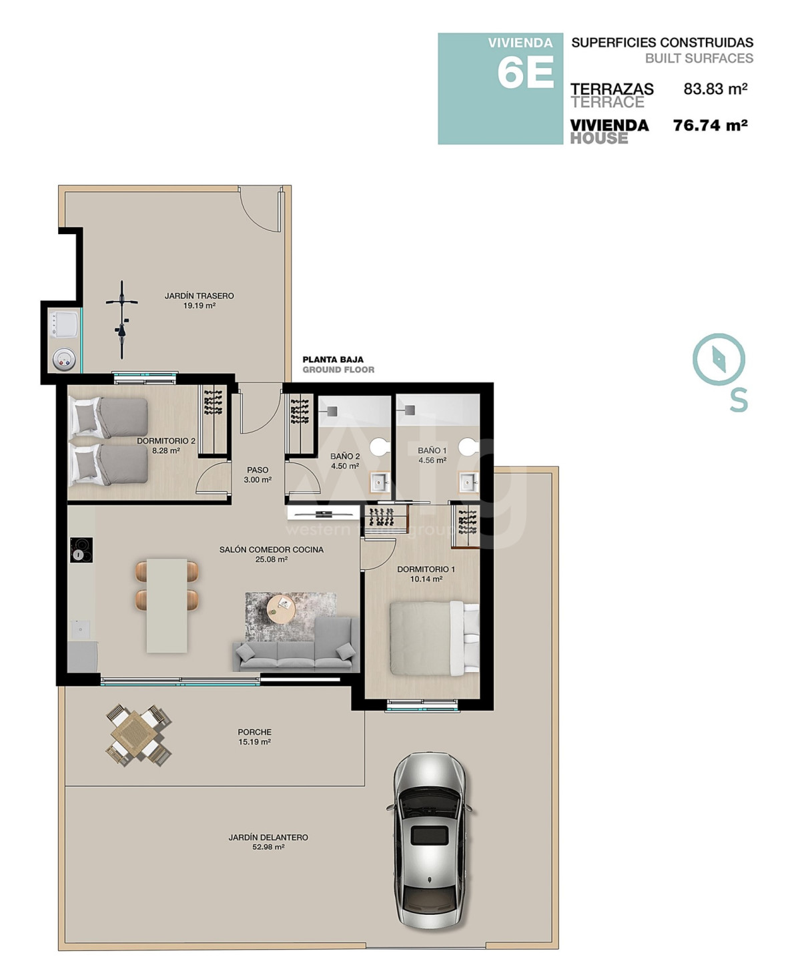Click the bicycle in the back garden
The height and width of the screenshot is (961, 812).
(x=122, y=320)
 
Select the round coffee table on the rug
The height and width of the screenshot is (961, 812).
(x=281, y=609)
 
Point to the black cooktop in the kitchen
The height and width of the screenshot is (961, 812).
(x=81, y=550)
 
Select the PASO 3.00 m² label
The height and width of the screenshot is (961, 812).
(x=258, y=474)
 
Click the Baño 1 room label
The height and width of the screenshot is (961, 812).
(x=432, y=455)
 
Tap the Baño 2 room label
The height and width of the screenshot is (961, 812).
(x=345, y=461)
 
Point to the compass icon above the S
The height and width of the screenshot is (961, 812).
(x=719, y=360)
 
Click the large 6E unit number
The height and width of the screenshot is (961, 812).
(x=526, y=73)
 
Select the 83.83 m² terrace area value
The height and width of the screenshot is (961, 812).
(x=715, y=88)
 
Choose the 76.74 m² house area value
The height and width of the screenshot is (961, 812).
(x=710, y=125)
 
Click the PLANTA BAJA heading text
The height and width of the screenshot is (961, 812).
(x=333, y=360)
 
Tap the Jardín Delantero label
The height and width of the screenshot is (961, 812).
(x=268, y=842)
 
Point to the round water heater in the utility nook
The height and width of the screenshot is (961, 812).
(x=64, y=360)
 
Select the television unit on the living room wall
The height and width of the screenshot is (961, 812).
(x=324, y=514)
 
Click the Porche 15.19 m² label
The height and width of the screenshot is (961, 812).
(x=255, y=737)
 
